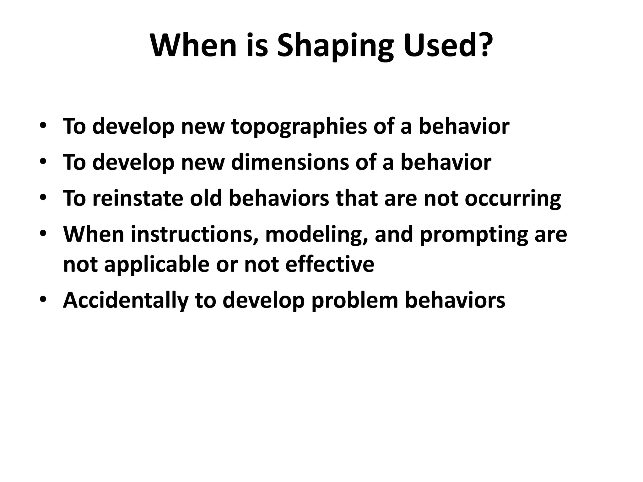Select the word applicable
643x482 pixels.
pyautogui.click(x=156, y=264)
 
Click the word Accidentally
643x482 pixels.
pyautogui.click(x=126, y=301)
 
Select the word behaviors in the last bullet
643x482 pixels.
pyautogui.click(x=455, y=300)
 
